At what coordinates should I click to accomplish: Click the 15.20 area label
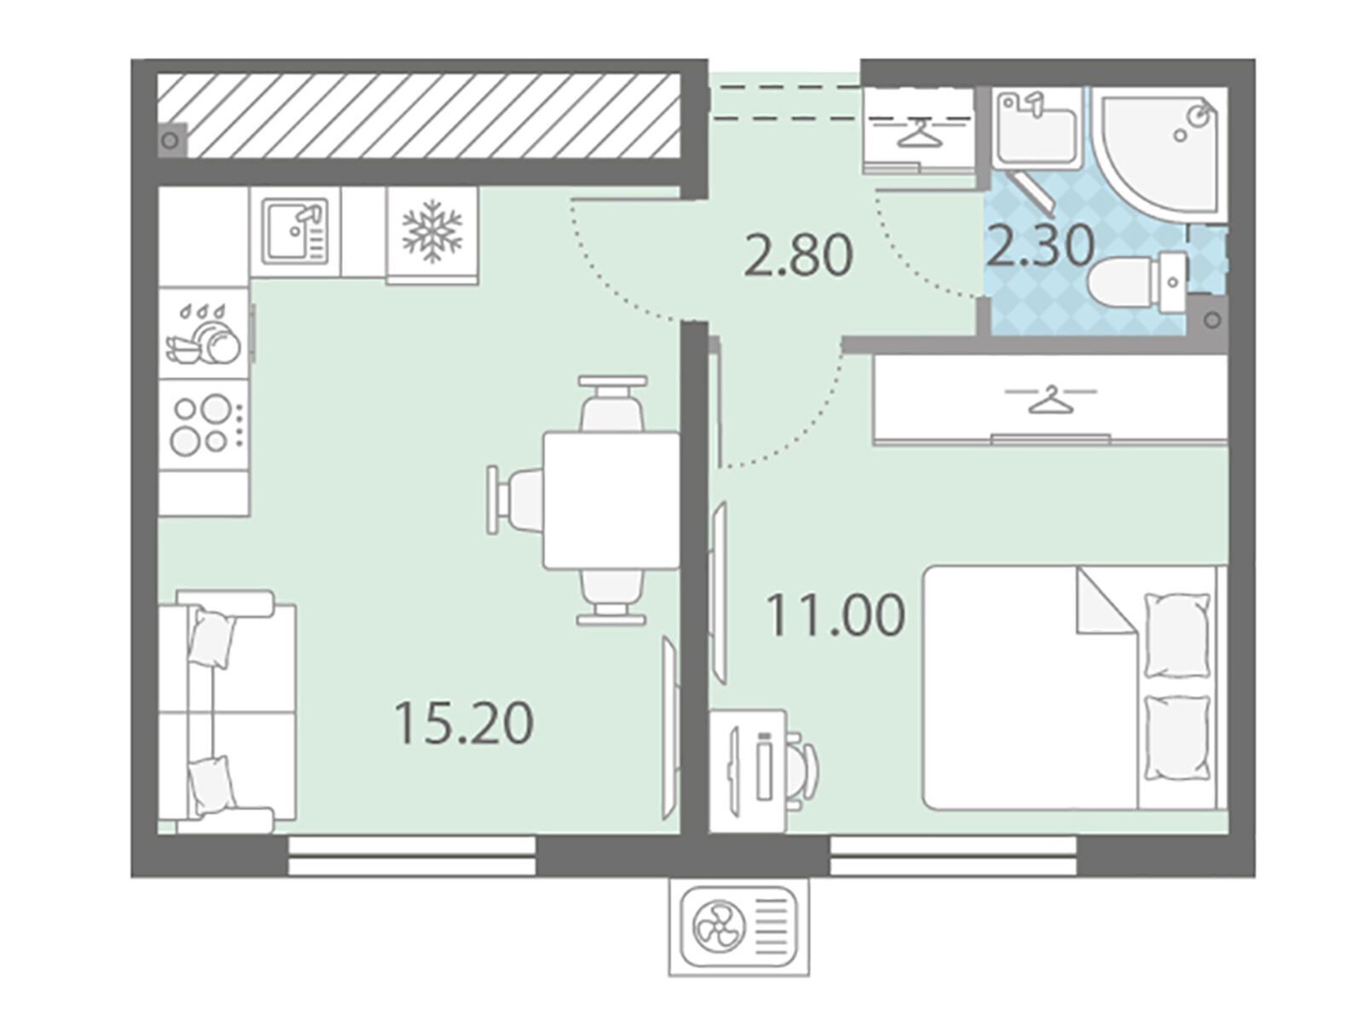(x=465, y=723)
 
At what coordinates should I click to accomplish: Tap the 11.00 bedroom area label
(x=835, y=614)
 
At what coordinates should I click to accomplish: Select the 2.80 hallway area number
(x=798, y=256)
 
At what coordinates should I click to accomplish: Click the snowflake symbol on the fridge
(x=432, y=231)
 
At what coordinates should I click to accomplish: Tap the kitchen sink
(x=295, y=231)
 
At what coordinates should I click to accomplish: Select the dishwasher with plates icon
(x=203, y=333)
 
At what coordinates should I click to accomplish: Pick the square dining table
(x=611, y=500)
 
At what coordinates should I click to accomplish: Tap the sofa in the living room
(x=226, y=712)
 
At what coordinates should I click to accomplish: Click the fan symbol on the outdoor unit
(x=719, y=930)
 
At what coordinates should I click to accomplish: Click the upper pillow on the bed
(x=1177, y=635)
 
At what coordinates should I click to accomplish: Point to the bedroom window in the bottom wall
(x=952, y=857)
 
